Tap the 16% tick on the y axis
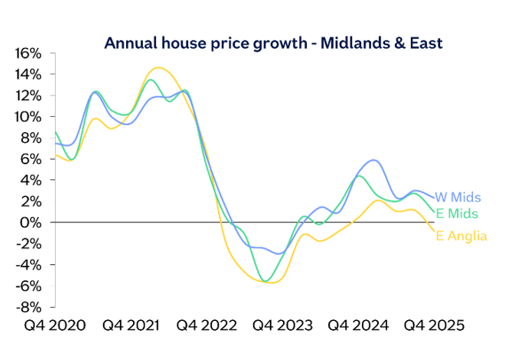pos(28,53)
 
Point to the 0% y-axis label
pos(31,223)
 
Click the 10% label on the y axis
pos(28,117)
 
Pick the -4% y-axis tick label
pos(28,265)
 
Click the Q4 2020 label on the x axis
pos(56,326)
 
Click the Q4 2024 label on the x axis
pos(359,326)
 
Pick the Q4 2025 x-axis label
pos(435,326)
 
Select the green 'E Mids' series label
pos(457,215)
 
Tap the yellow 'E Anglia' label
pos(461,236)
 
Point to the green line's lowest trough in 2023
pos(265,281)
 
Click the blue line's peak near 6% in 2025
pos(374,160)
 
